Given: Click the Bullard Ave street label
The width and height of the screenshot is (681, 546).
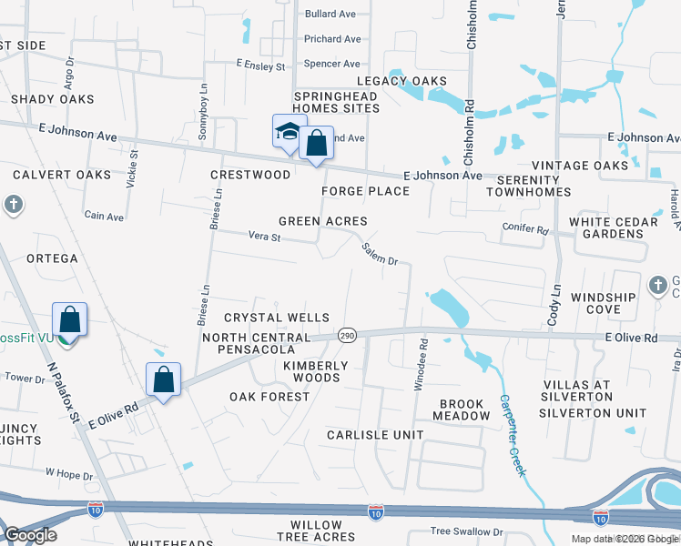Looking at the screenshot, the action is coord(330,15).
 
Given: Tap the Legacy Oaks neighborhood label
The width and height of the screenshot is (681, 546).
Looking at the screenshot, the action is coord(416,81).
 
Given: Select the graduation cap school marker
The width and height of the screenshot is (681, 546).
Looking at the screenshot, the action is coord(289,131).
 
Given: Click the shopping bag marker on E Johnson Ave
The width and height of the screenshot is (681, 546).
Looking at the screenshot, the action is coord(316,143).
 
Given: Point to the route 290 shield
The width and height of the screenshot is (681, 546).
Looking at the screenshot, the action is coord(347,335).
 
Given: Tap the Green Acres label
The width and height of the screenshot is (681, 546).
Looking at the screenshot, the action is coord(322,221).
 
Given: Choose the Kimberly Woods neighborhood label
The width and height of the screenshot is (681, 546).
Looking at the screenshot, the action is coord(316,371).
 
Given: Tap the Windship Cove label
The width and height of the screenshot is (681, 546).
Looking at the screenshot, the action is coord(603,303).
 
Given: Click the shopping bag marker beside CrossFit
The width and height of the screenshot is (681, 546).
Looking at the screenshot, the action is coord(69,320).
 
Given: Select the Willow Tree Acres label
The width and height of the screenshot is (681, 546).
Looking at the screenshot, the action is coord(316,531).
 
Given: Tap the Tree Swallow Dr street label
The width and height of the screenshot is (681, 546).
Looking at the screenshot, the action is coord(466,531).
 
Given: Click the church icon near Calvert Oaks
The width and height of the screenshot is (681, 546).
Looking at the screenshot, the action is coord(14,205).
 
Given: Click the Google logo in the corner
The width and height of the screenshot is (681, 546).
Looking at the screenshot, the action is coord(30,535).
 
